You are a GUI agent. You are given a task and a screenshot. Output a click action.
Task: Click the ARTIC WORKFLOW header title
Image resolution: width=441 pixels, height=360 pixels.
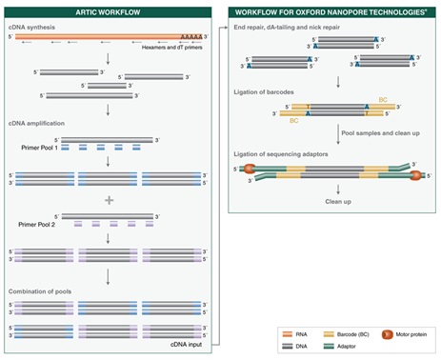tap(109, 12)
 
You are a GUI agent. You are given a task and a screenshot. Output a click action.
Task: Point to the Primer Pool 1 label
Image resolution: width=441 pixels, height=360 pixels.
tap(34, 148)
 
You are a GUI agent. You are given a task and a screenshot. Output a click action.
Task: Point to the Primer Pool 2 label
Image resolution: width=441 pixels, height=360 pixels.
tap(34, 222)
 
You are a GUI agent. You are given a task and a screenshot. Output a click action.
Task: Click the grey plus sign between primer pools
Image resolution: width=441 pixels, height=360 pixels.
tap(109, 200)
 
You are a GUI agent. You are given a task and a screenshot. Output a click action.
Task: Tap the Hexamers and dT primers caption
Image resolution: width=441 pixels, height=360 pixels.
tap(178, 46)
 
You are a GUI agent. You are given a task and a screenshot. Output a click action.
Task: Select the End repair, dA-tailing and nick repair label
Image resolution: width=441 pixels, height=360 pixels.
tap(291, 28)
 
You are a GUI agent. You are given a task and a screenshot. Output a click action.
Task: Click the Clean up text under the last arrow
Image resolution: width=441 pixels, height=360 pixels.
tap(339, 202)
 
